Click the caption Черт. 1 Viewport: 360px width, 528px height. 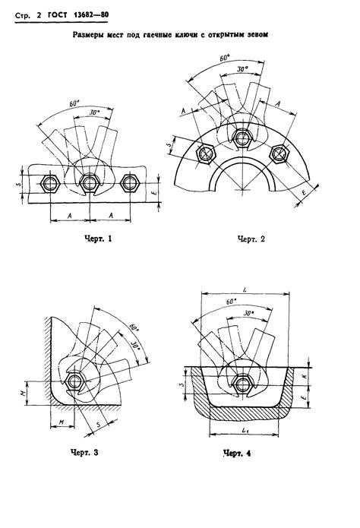[97, 239]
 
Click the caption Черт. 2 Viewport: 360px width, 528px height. [251, 239]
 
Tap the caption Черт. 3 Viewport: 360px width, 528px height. [84, 452]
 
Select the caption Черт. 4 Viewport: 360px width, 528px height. [237, 454]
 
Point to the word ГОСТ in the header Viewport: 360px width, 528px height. [57, 15]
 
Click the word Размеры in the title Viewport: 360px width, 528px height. [87, 34]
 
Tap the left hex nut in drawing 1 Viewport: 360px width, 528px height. [50, 184]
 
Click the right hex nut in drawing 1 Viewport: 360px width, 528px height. [130, 184]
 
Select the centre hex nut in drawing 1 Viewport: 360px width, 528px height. [90, 184]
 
